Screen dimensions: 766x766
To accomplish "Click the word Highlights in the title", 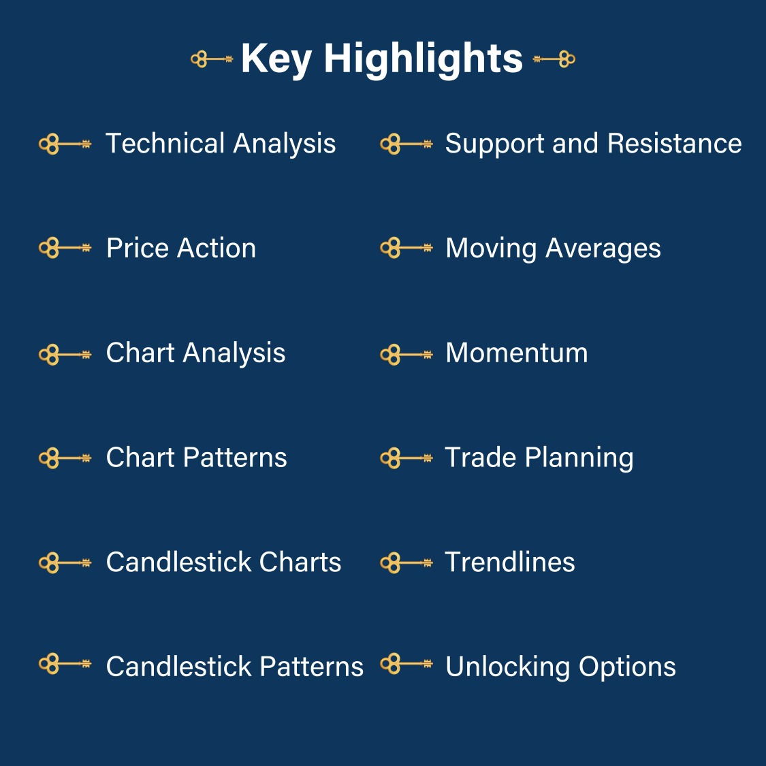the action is tap(423, 59).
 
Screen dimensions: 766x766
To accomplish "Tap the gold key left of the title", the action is tap(212, 59).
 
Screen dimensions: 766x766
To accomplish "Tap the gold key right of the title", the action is tap(554, 59).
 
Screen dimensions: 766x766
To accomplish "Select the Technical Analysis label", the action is tap(221, 144).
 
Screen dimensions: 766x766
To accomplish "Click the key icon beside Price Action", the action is tap(65, 248).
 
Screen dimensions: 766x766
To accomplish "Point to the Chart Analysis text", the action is tap(195, 353).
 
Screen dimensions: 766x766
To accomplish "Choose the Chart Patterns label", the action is tap(196, 458).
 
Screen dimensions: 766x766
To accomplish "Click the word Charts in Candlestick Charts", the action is tap(300, 562).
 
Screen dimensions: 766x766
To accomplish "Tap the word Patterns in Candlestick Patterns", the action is tap(311, 667).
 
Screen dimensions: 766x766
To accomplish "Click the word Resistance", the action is tap(674, 144).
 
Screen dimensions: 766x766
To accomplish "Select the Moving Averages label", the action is tap(553, 248).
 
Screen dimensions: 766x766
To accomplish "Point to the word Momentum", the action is tap(516, 353).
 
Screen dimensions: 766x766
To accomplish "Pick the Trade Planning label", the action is tap(539, 458).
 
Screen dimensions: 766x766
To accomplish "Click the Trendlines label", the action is tap(510, 562).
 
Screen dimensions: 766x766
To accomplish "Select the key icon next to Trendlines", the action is tap(406, 563).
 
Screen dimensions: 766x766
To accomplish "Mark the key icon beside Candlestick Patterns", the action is tap(65, 663).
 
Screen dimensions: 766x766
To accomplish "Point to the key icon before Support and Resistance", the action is tap(406, 144).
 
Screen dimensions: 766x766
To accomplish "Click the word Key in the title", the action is tap(276, 59).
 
